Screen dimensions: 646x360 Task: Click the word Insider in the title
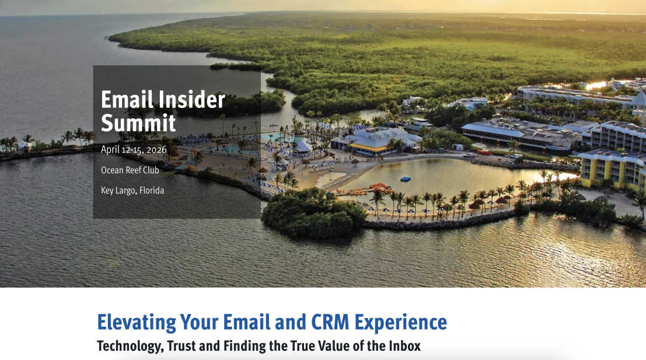[191, 100]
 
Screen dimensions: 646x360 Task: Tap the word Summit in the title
[138, 123]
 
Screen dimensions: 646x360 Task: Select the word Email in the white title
[127, 100]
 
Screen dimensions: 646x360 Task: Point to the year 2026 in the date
[156, 150]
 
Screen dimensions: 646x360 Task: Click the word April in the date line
[110, 149]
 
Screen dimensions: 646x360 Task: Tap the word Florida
[152, 190]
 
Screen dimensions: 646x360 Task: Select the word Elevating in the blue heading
[137, 323]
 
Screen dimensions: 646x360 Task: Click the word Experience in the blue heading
[400, 323]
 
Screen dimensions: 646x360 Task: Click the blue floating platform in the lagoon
[406, 179]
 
